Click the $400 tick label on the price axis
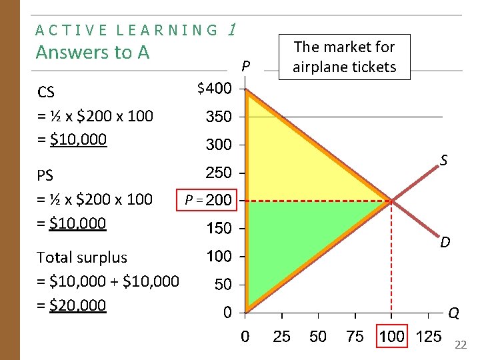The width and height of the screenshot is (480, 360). coord(214,88)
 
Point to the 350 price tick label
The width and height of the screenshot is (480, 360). coord(219,117)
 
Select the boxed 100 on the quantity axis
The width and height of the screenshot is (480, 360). coord(391,336)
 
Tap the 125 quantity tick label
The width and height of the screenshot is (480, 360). coord(428,336)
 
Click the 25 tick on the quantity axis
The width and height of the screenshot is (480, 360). coord(281,336)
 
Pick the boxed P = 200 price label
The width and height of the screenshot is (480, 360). coord(209,200)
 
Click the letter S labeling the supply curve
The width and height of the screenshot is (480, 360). coord(443,160)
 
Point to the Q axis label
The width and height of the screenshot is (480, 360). coord(453,313)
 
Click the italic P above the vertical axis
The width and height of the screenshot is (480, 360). coord(246,66)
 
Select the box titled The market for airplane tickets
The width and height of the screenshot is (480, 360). coord(345,57)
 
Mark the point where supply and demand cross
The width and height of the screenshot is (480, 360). coord(391,201)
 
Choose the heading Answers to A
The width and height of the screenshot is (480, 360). coord(93,52)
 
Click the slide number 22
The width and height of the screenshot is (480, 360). coord(461,345)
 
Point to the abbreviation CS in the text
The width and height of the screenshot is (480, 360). coord(46,91)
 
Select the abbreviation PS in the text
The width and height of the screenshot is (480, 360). coord(45,175)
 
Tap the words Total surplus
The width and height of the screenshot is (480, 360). coord(82,257)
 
